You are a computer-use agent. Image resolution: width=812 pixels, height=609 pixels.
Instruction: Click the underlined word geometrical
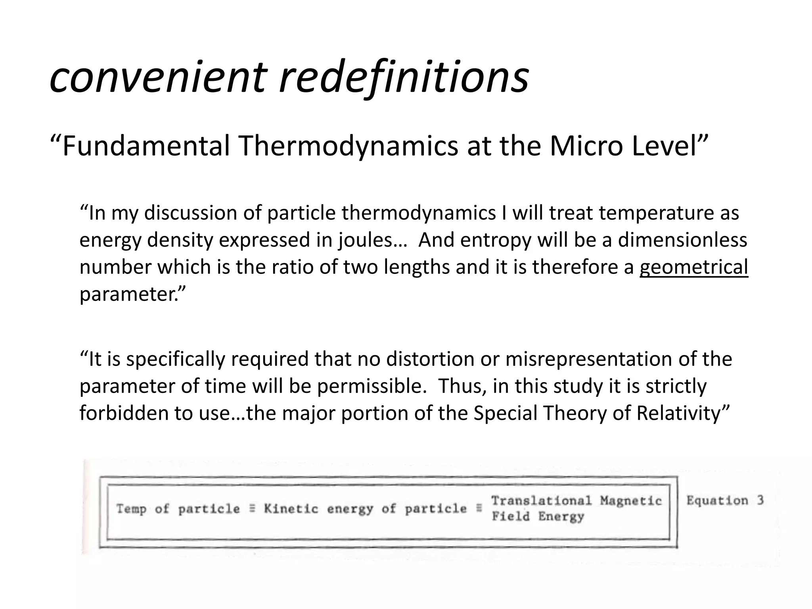[693, 267]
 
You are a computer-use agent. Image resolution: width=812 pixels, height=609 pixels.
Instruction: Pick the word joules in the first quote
[364, 240]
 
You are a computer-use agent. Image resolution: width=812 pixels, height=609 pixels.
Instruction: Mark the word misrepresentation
[589, 359]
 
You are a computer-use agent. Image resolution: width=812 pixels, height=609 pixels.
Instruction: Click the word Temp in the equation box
[131, 509]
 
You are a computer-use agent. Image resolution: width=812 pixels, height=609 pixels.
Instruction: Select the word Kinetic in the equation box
[291, 509]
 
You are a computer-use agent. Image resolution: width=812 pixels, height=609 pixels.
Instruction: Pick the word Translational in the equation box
[541, 501]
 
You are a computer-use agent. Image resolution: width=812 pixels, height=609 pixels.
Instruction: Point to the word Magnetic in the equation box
[631, 501]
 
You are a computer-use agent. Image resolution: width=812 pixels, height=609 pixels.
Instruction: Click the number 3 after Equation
[760, 500]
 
